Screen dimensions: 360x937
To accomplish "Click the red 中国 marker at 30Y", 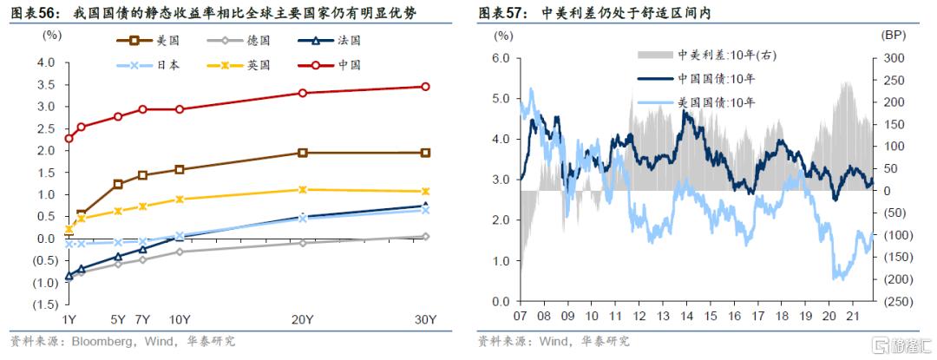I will (x=425, y=87).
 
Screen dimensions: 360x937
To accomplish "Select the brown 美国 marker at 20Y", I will (x=302, y=153).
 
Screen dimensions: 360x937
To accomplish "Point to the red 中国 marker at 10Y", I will (x=180, y=109).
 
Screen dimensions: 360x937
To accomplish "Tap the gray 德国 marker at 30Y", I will (x=425, y=236).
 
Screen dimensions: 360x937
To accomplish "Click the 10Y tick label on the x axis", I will (x=180, y=319).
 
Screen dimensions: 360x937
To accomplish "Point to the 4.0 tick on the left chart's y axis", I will (x=46, y=63).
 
